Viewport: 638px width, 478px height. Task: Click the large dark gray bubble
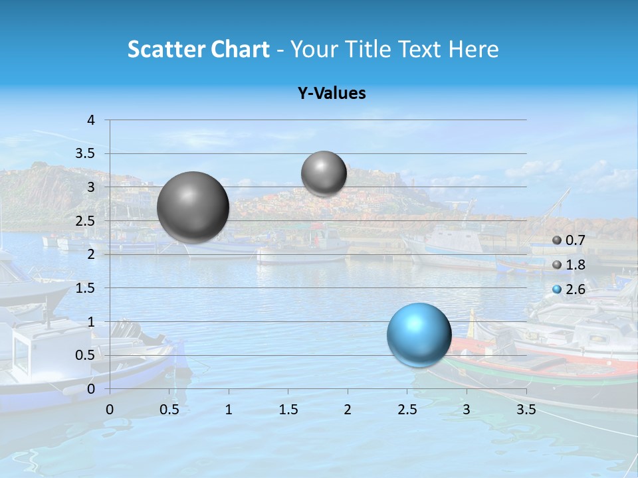point(193,207)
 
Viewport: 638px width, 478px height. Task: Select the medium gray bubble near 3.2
point(324,174)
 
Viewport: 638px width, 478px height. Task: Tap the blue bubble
point(419,335)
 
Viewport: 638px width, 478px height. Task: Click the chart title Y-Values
point(331,94)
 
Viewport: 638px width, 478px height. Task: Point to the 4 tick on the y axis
point(91,120)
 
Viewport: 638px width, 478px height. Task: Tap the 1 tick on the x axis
point(229,410)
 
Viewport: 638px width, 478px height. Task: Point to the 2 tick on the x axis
point(348,410)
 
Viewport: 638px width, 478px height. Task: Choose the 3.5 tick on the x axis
point(526,410)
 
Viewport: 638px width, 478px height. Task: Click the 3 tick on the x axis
point(467,410)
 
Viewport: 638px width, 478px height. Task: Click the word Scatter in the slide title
point(165,49)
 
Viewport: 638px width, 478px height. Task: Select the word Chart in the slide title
point(240,49)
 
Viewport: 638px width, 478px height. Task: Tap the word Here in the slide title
point(473,49)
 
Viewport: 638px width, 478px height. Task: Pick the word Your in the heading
point(315,49)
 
